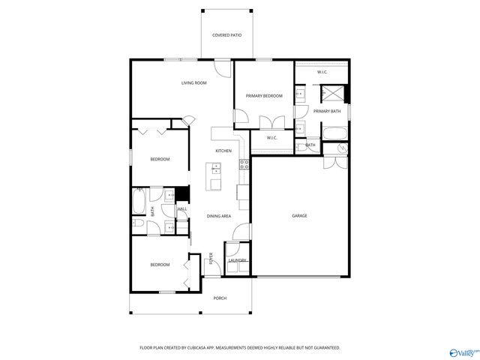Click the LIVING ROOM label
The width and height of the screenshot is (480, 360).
pyautogui.click(x=193, y=83)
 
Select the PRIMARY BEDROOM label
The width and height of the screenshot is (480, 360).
pyautogui.click(x=265, y=96)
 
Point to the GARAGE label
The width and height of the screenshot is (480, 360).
pyautogui.click(x=299, y=215)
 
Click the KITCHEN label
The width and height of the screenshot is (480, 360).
pyautogui.click(x=223, y=151)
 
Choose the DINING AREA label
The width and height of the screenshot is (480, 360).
pyautogui.click(x=218, y=216)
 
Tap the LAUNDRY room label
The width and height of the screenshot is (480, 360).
pyautogui.click(x=237, y=260)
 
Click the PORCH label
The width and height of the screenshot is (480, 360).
pyautogui.click(x=220, y=298)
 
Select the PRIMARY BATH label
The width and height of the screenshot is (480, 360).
pyautogui.click(x=327, y=111)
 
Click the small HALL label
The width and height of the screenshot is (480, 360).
pyautogui.click(x=181, y=209)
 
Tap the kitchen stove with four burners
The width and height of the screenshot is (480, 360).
pyautogui.click(x=244, y=163)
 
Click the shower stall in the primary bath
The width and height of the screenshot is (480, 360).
pyautogui.click(x=332, y=94)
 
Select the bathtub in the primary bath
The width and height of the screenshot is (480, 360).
pyautogui.click(x=334, y=134)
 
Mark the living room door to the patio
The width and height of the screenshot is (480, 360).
pyautogui.click(x=223, y=68)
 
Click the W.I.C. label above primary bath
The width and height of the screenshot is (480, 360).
pyautogui.click(x=321, y=72)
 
